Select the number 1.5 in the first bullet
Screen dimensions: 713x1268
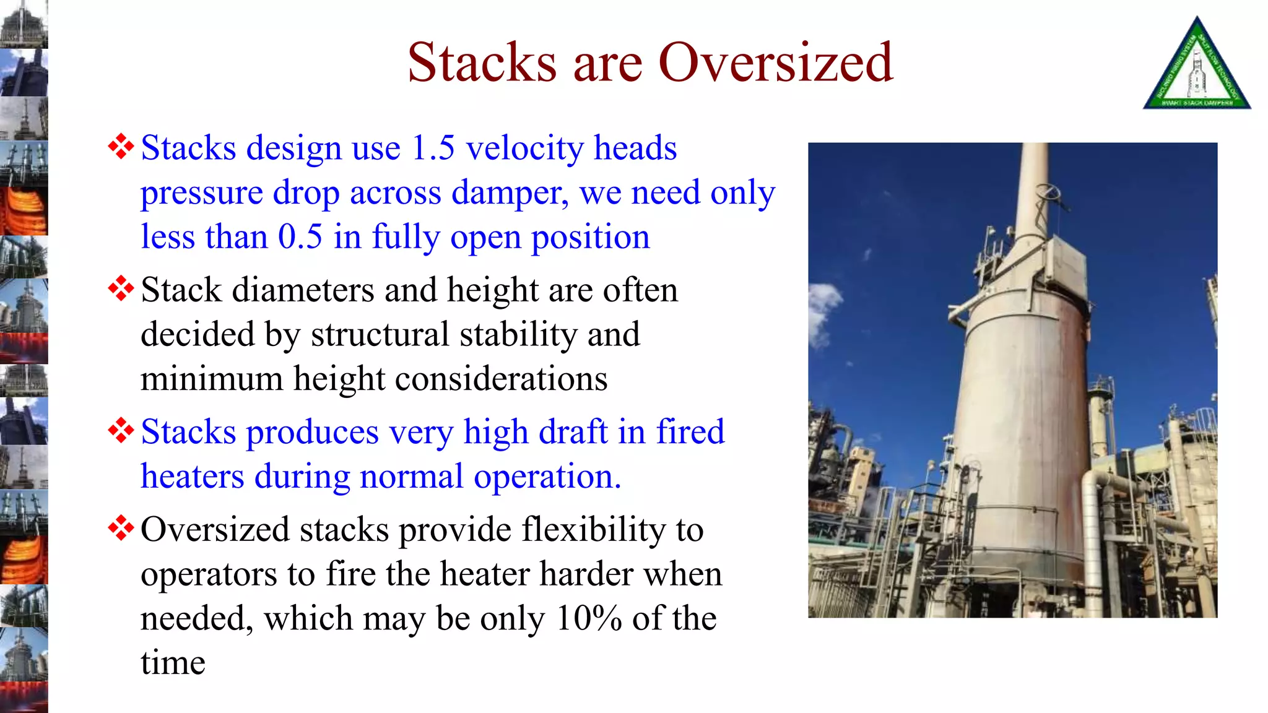point(433,149)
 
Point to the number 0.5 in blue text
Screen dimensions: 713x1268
point(300,237)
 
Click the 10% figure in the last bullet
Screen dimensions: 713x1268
point(589,618)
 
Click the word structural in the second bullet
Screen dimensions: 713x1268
point(380,335)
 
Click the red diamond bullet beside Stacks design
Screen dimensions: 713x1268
point(121,147)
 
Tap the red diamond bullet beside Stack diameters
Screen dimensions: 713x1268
point(121,289)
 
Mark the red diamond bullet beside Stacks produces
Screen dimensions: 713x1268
point(121,431)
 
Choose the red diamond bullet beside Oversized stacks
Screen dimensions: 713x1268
point(121,529)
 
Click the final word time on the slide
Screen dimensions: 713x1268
point(173,663)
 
